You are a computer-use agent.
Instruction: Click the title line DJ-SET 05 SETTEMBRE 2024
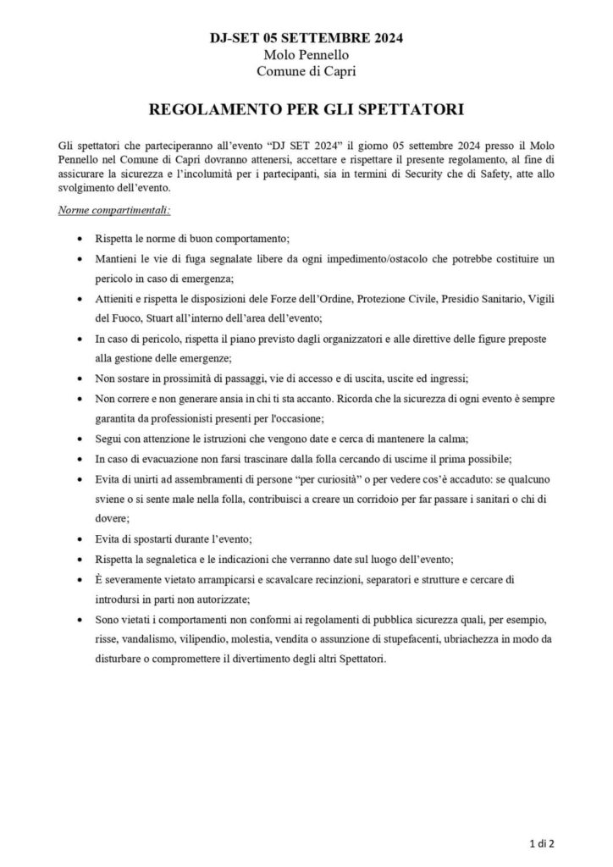coord(306,38)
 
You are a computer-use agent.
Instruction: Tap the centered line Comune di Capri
coord(306,72)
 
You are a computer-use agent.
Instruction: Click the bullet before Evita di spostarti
coord(80,538)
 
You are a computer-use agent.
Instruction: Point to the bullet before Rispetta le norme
coord(80,239)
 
